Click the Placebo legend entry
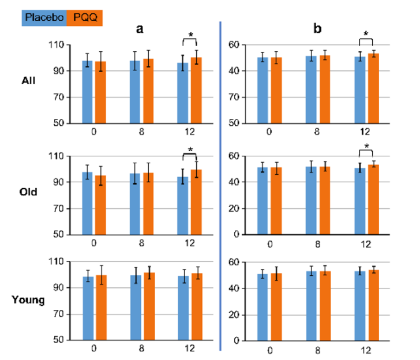tap(44, 18)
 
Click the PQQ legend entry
tap(84, 18)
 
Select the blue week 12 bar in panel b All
tap(359, 89)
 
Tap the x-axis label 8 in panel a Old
tap(142, 243)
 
